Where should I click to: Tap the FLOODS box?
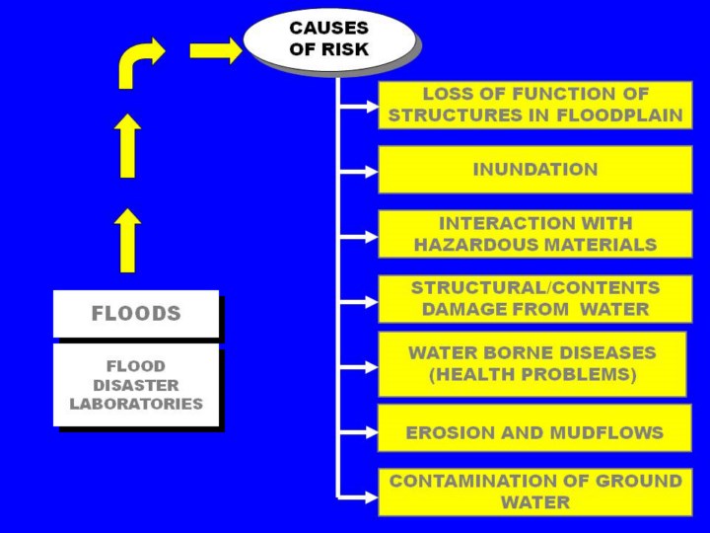(136, 314)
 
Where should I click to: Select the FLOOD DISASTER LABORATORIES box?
(136, 385)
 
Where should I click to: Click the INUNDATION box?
(534, 170)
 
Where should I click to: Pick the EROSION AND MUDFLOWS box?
(534, 432)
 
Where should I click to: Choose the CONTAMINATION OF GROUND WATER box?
(534, 492)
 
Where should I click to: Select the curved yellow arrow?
(138, 61)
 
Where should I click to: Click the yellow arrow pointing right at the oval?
(215, 50)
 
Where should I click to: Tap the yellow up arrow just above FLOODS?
(127, 240)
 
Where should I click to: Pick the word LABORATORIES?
(136, 404)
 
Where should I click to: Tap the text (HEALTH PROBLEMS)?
(532, 374)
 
